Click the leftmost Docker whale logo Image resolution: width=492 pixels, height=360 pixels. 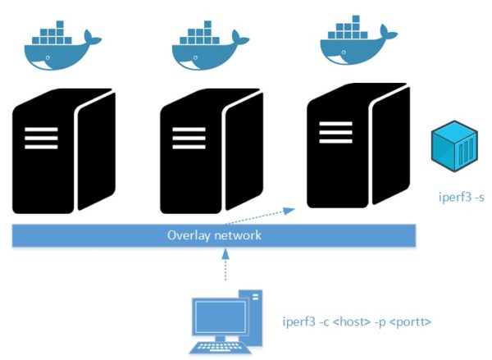click(x=62, y=49)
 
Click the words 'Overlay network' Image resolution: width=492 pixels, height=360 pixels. click(x=214, y=235)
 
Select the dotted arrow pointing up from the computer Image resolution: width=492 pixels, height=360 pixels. click(x=225, y=267)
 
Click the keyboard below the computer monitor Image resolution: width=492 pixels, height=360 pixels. click(x=220, y=346)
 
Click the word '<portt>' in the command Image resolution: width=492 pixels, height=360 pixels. click(x=410, y=321)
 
